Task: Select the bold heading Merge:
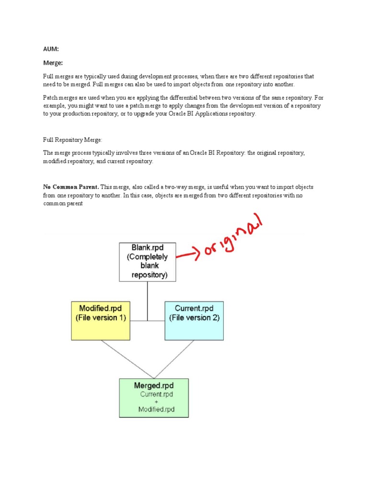pos(53,62)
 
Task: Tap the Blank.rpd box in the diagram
pos(147,261)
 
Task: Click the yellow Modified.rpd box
pos(101,321)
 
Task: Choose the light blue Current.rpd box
pos(194,321)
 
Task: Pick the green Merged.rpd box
pos(154,397)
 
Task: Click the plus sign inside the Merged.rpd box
pos(156,402)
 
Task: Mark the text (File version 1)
pos(101,317)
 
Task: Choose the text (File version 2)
pos(194,317)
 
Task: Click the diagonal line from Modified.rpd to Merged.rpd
pos(127,360)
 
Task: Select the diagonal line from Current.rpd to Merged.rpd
pos(173,360)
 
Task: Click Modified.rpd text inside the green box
pos(156,409)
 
